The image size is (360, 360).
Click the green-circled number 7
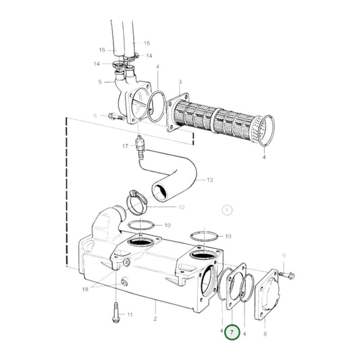[x=232, y=333]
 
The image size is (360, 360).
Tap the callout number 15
[x=147, y=43]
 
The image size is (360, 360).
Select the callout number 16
[x=102, y=50]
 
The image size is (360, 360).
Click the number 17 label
[x=125, y=146]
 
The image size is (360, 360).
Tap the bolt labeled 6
[x=113, y=118]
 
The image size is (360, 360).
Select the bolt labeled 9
[x=286, y=274]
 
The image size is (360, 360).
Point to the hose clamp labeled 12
[x=138, y=199]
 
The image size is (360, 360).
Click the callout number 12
[x=182, y=207]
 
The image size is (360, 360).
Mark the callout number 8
[x=265, y=334]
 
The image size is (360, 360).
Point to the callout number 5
[x=100, y=82]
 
